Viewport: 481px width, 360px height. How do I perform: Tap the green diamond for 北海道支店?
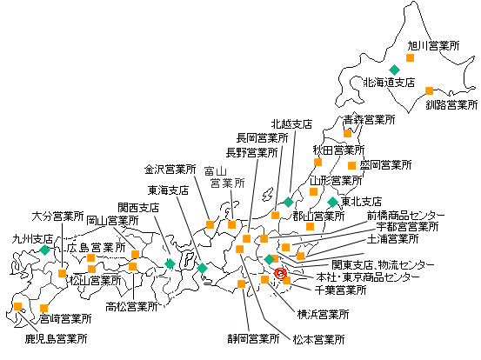click(394, 70)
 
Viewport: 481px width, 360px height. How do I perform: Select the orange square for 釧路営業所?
click(429, 90)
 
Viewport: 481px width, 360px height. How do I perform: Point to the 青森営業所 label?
click(368, 119)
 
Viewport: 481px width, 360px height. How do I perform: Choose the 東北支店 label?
click(361, 201)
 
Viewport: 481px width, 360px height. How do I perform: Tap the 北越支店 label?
click(291, 124)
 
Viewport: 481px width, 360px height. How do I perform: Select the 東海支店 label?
click(169, 190)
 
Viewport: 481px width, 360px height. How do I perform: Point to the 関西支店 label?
click(138, 208)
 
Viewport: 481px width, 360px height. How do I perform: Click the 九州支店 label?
click(33, 237)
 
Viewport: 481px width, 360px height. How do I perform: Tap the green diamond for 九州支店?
click(44, 250)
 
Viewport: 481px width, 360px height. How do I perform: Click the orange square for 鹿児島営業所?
click(17, 306)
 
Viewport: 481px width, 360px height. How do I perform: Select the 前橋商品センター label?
click(406, 214)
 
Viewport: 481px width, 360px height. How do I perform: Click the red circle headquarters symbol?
click(280, 273)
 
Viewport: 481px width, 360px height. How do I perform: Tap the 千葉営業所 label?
click(335, 290)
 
